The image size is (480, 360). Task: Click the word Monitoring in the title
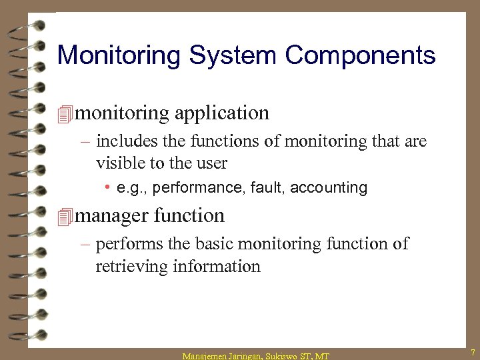pyautogui.click(x=118, y=55)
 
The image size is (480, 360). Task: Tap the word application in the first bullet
pyautogui.click(x=222, y=114)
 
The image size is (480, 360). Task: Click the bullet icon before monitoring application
pyautogui.click(x=65, y=114)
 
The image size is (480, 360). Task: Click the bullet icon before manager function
pyautogui.click(x=65, y=217)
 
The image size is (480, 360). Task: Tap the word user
pyautogui.click(x=211, y=163)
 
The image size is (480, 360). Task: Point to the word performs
pyautogui.click(x=128, y=245)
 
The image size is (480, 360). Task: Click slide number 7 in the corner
pyautogui.click(x=471, y=351)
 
